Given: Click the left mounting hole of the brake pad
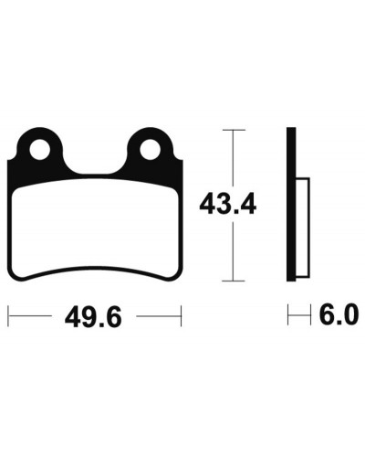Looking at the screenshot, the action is pyautogui.click(x=39, y=150).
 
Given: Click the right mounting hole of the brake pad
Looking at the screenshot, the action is pyautogui.click(x=150, y=150).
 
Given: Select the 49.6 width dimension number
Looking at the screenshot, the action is pyautogui.click(x=93, y=316).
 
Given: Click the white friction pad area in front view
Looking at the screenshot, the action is pyautogui.click(x=95, y=228).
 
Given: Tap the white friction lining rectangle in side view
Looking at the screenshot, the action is pyautogui.click(x=303, y=228).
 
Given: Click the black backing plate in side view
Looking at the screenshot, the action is pyautogui.click(x=291, y=204).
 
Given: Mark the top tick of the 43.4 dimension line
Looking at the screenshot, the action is pyautogui.click(x=234, y=130).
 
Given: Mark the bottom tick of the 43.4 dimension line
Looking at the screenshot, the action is pyautogui.click(x=234, y=281).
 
